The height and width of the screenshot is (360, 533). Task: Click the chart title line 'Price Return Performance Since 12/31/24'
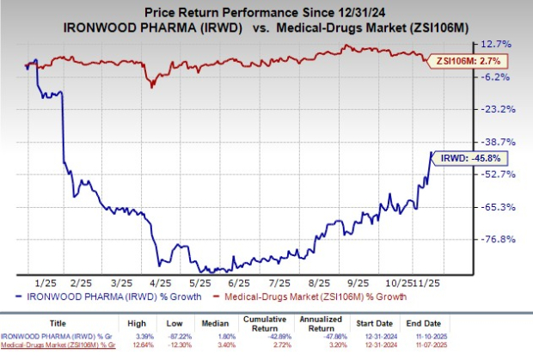coord(266,9)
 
